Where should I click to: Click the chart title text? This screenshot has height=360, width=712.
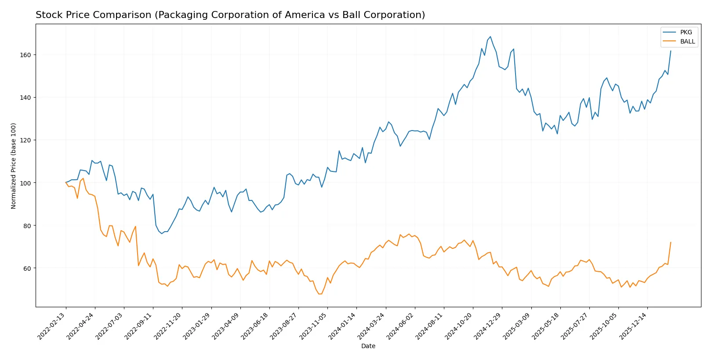(x=230, y=15)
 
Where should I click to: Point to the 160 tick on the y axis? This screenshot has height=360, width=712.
(x=25, y=55)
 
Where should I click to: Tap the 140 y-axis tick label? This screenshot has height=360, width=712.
(x=25, y=98)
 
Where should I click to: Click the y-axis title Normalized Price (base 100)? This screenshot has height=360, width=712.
(x=14, y=166)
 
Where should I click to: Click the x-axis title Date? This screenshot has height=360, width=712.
(x=368, y=346)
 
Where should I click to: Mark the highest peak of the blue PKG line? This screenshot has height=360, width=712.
(x=490, y=37)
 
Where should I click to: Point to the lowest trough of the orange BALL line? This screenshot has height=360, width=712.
(x=320, y=294)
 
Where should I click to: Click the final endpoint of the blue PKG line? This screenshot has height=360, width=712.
(x=671, y=51)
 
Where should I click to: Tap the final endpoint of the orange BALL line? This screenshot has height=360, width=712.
(x=671, y=242)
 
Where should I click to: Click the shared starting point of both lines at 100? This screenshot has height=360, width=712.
(x=66, y=182)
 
